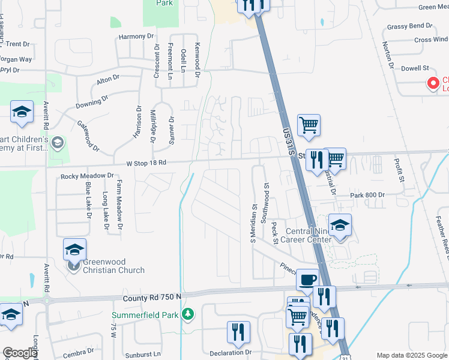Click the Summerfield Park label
click(x=145, y=315)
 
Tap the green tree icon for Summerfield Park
click(x=188, y=314)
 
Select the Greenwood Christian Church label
click(x=113, y=265)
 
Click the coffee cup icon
click(x=308, y=279)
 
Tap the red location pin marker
click(x=432, y=83)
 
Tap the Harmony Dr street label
click(x=136, y=37)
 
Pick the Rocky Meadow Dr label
click(x=87, y=176)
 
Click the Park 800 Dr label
click(x=367, y=196)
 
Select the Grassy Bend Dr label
click(x=409, y=26)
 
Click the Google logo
click(x=19, y=353)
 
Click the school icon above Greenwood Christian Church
click(x=74, y=248)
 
